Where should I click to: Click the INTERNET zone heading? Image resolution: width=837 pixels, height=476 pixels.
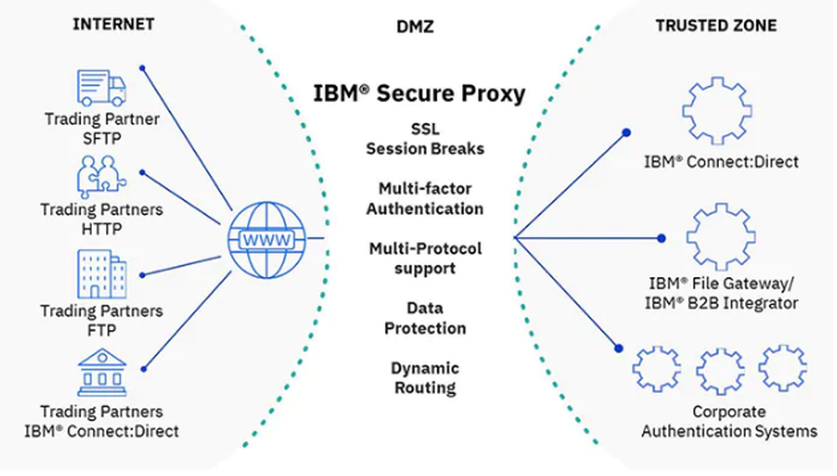point(113,23)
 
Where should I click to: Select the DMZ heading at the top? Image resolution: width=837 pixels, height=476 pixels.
point(415,27)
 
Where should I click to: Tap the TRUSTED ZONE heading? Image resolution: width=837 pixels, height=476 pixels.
point(716,25)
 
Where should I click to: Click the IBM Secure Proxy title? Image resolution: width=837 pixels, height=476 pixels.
point(419,92)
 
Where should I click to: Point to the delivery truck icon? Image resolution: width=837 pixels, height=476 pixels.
point(101,87)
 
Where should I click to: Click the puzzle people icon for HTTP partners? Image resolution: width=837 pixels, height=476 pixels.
point(101,178)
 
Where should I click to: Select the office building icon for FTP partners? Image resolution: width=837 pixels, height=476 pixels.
point(102,274)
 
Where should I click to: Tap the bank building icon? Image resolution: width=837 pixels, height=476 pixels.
point(101,371)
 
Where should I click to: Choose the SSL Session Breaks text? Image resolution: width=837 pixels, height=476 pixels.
point(424,139)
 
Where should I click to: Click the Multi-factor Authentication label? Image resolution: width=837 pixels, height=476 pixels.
point(424,198)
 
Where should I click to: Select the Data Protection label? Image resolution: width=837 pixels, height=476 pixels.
point(424,319)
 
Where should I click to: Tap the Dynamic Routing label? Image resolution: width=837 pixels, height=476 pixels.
point(424,378)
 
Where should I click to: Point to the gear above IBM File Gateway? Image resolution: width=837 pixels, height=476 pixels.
point(720,236)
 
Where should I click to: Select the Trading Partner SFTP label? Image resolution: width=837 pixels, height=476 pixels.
point(101,128)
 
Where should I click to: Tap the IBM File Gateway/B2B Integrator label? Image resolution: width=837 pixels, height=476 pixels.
point(723,292)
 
